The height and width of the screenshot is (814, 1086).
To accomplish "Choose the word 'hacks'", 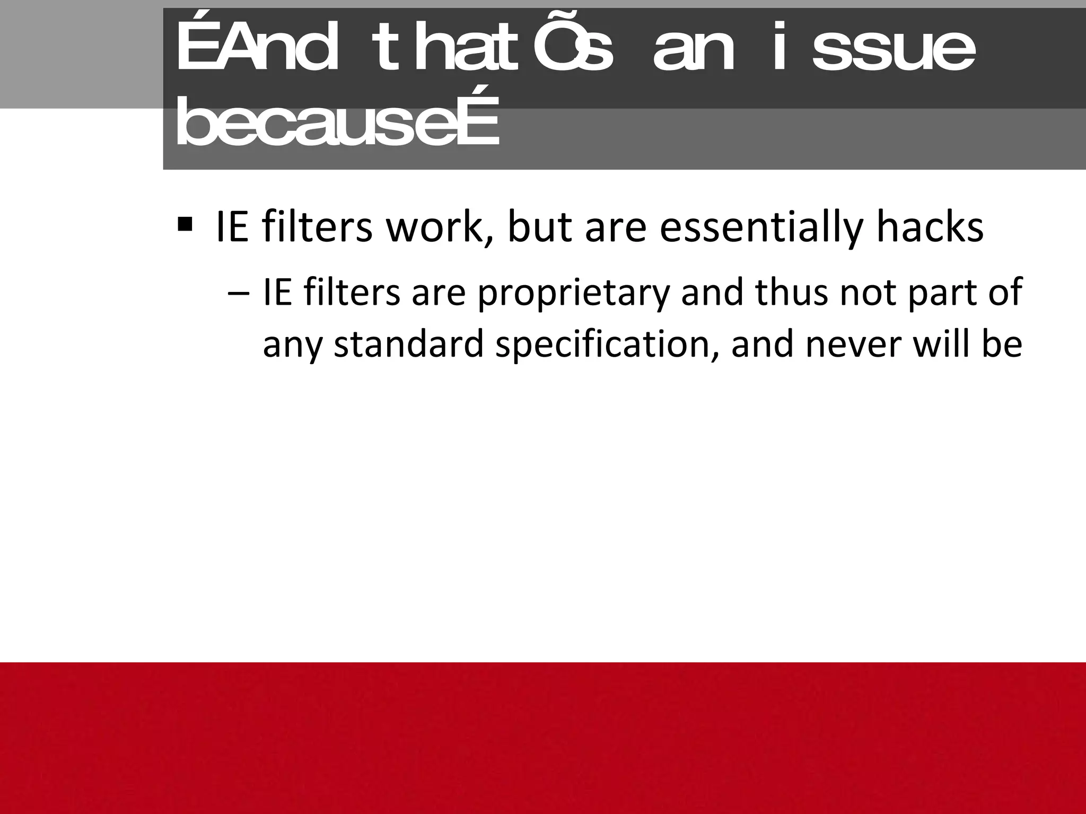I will [930, 227].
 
